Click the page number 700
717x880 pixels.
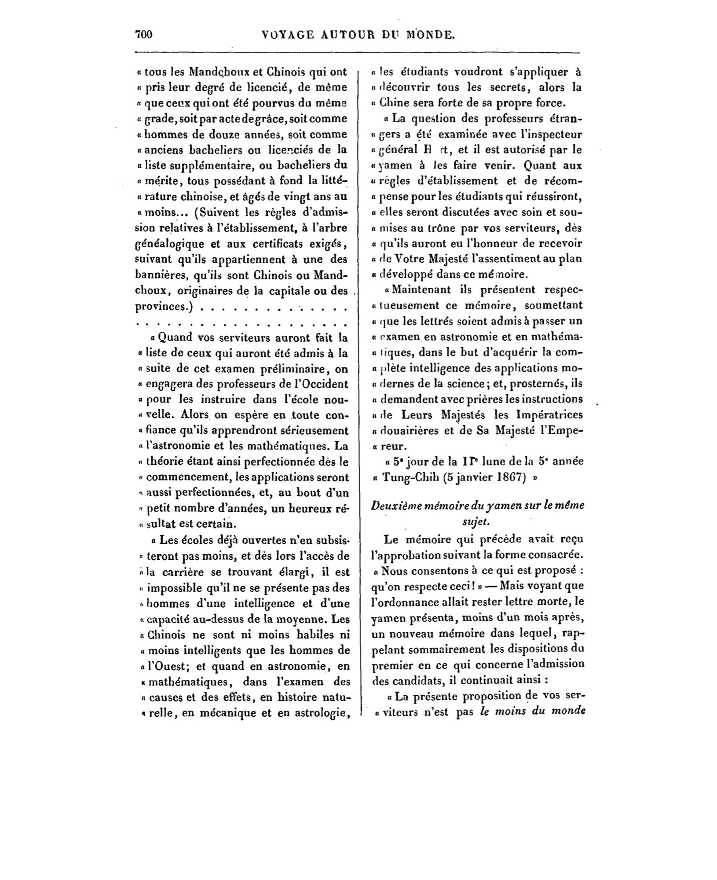pyautogui.click(x=144, y=35)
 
